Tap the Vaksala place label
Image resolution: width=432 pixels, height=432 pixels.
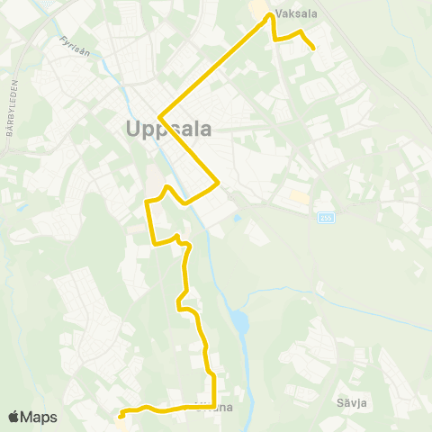[x=297, y=14]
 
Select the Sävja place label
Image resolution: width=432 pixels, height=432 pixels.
[x=353, y=402]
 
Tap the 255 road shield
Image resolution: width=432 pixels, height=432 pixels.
[x=326, y=217]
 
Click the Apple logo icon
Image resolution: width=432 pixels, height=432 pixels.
[x=14, y=417]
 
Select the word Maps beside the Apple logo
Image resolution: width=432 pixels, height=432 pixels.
[x=40, y=417]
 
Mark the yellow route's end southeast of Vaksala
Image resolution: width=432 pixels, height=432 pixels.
[x=313, y=48]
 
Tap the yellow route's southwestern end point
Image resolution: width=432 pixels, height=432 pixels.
[x=120, y=416]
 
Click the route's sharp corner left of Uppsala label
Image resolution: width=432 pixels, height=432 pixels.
[x=158, y=117]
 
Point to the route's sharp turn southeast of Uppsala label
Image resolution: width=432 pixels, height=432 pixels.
[x=219, y=184]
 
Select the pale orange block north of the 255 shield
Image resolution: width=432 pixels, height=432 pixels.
[x=299, y=195]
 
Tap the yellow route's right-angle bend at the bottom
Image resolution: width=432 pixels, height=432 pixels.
[x=213, y=408]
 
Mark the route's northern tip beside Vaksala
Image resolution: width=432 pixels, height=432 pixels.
[x=268, y=14]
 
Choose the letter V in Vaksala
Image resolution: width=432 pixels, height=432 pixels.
[x=281, y=14]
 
